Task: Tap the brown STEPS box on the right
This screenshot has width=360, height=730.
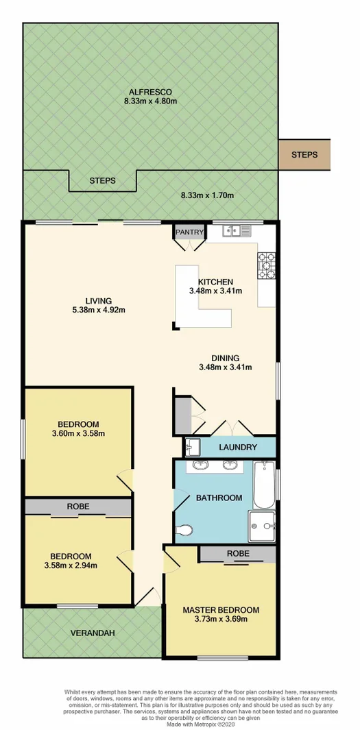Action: (x=304, y=155)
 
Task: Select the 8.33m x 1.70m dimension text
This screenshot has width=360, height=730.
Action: (x=207, y=195)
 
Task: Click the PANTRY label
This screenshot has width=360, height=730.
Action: (x=189, y=232)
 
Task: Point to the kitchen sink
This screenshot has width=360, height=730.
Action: (x=238, y=232)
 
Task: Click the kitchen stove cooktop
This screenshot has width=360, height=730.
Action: (x=266, y=266)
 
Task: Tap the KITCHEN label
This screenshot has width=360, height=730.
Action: (x=216, y=282)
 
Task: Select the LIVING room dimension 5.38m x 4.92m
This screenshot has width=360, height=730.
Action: (x=98, y=310)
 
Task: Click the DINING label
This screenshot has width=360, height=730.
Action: (x=225, y=358)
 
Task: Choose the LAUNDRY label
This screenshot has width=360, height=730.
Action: (x=238, y=448)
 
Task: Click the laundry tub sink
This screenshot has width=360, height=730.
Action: (x=193, y=447)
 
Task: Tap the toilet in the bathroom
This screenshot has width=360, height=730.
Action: (x=185, y=530)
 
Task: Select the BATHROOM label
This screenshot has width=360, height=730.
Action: (x=219, y=498)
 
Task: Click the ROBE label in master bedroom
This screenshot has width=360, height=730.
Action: (x=237, y=553)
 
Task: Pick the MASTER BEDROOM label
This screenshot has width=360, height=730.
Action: (x=221, y=609)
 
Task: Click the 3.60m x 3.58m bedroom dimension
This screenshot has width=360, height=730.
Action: (x=77, y=433)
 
